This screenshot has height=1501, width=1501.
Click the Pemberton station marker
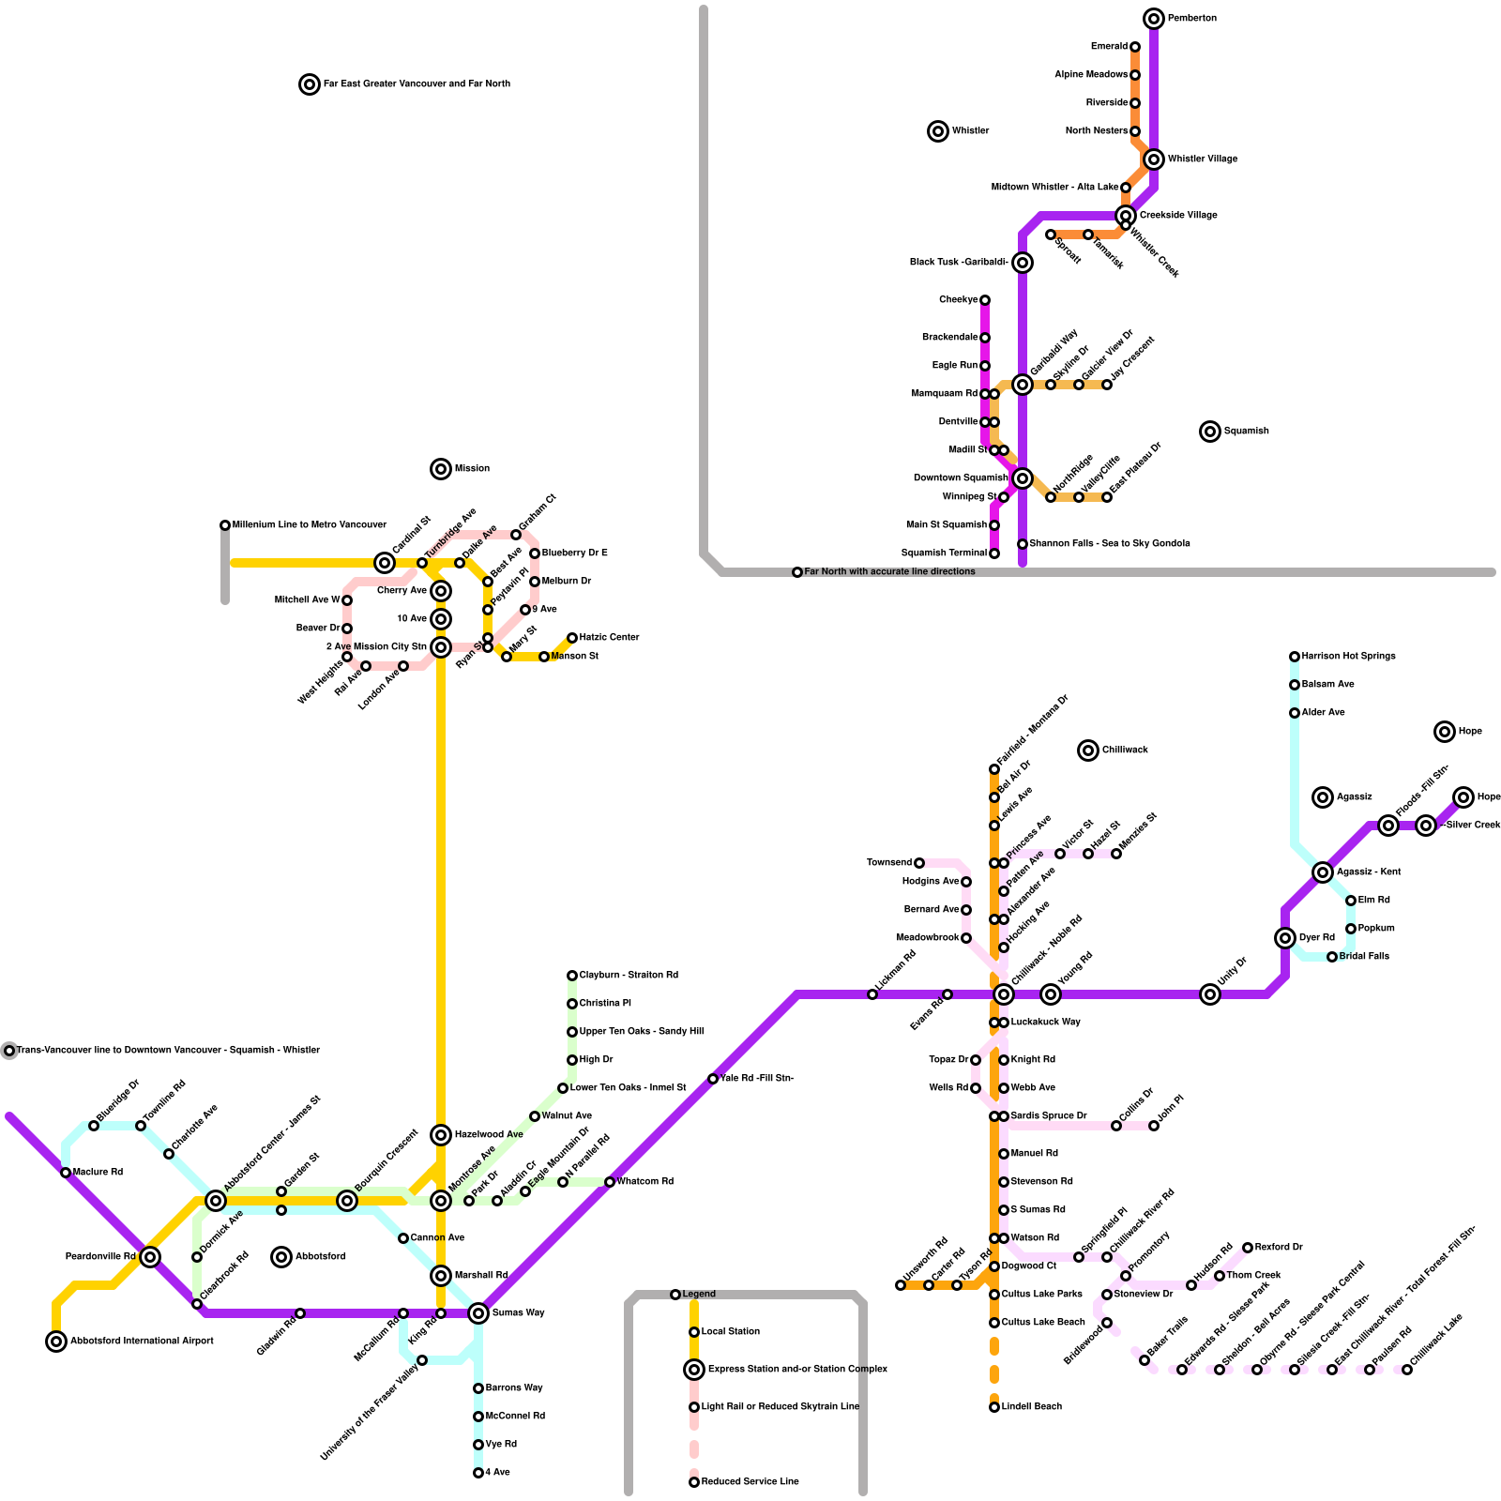1154,19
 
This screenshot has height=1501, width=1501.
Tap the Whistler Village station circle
1154,159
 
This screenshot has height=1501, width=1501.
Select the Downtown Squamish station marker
1023,478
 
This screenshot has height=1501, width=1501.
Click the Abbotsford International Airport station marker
56,1342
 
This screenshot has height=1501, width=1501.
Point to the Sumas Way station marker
478,1312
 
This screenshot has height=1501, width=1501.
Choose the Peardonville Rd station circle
150,1257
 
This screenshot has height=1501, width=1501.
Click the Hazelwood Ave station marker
441,1135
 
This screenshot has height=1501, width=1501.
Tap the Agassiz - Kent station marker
1323,872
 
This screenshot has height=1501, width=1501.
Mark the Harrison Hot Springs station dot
1295,657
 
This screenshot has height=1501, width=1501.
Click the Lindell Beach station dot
994,1407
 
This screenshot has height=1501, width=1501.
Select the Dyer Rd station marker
1285,938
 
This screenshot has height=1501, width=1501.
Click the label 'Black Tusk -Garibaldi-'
959,263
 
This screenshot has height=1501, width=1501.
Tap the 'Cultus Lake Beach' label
1043,1323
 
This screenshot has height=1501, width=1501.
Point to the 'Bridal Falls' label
1364,957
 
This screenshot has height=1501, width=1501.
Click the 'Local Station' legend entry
731,1332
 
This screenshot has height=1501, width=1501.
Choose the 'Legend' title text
699,1295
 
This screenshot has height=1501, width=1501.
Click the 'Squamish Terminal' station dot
994,553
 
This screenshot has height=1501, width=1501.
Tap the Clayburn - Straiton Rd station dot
572,976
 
